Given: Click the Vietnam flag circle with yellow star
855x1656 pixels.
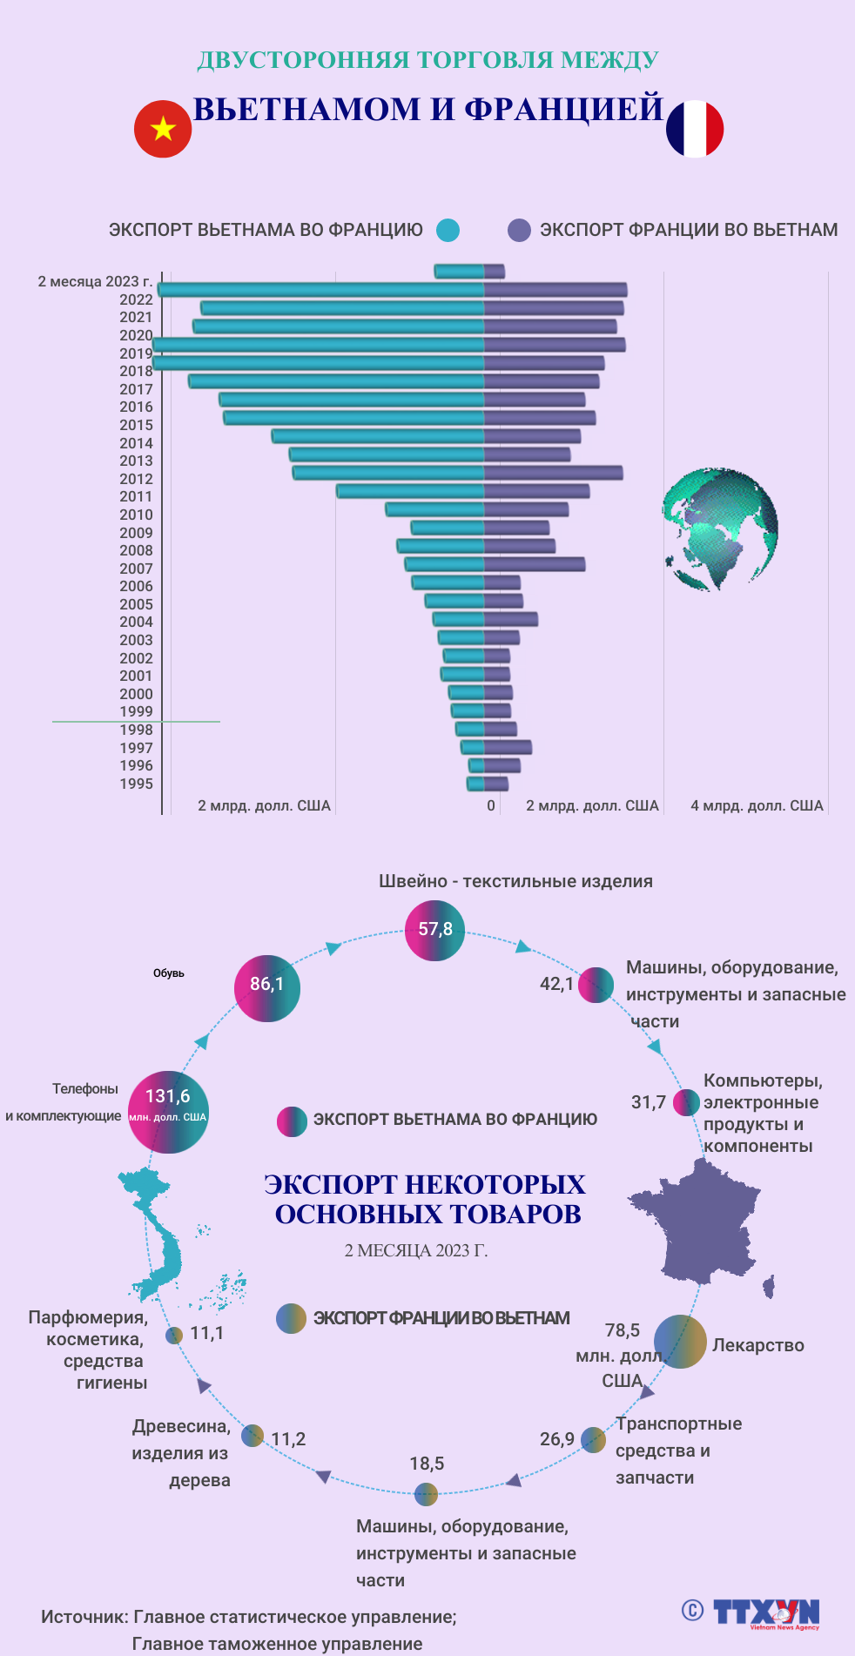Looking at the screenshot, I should click(x=163, y=129).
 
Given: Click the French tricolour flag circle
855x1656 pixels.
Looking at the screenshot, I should click(x=695, y=129).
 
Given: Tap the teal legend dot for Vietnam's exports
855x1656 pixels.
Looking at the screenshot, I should click(x=448, y=230).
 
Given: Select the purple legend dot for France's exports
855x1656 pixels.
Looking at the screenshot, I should click(x=519, y=230).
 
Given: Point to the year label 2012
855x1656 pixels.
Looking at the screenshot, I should click(x=136, y=479).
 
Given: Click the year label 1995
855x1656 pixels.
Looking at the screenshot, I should click(x=136, y=784).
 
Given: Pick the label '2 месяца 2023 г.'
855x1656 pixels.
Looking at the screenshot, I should click(x=95, y=281).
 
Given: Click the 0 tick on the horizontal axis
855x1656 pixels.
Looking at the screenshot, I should click(x=491, y=805).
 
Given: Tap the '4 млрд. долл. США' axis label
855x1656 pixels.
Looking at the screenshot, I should click(x=757, y=805).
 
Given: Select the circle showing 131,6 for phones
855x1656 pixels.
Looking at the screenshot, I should click(x=168, y=1112).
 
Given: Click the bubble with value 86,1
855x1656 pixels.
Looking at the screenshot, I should click(x=267, y=988).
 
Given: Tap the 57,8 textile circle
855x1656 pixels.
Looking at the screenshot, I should click(x=434, y=931).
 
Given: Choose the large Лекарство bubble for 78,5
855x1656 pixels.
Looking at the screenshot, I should click(x=680, y=1342).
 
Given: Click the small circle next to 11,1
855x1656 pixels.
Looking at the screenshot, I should click(x=174, y=1335).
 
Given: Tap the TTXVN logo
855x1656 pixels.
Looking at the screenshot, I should click(x=766, y=1612).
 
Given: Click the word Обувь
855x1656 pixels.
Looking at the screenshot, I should click(x=169, y=973).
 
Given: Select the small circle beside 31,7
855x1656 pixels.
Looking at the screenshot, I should click(x=686, y=1102).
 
